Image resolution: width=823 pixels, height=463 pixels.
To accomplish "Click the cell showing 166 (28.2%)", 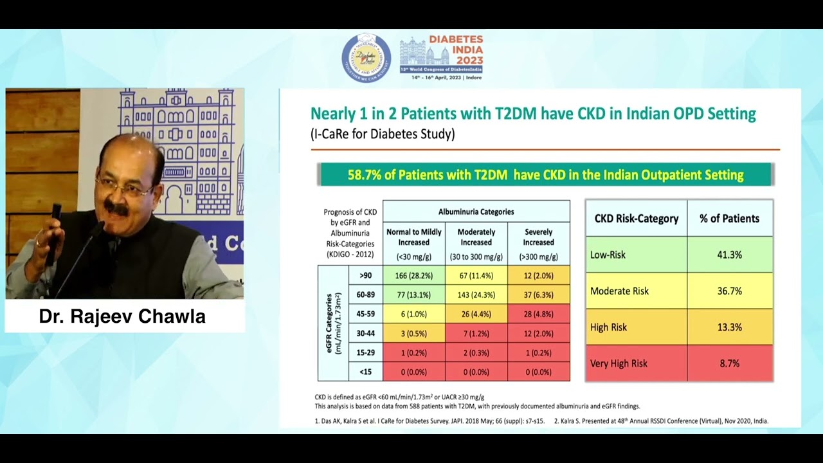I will [x=413, y=275].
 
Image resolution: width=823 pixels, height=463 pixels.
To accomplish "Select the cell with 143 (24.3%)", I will [x=476, y=295].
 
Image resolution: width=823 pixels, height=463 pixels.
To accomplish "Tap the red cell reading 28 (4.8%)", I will [x=538, y=314].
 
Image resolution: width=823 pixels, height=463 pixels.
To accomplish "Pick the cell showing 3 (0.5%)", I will [x=413, y=333].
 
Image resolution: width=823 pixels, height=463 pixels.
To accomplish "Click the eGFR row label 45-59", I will [x=366, y=314].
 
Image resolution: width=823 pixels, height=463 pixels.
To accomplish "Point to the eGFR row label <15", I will [x=366, y=372].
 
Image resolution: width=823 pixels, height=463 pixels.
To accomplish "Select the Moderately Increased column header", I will [x=476, y=242].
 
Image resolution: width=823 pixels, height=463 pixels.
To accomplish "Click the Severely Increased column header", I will [x=538, y=242].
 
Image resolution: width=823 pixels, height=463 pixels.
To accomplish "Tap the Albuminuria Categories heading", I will [x=476, y=212].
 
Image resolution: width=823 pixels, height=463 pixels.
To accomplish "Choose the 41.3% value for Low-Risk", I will [x=729, y=255].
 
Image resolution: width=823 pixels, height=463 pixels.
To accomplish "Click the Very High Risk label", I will [x=619, y=363].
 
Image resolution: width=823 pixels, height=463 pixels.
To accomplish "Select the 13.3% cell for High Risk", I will [x=729, y=327].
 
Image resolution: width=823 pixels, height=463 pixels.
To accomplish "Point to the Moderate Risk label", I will [x=619, y=291].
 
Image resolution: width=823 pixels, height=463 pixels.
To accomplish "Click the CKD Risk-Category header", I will [x=636, y=219].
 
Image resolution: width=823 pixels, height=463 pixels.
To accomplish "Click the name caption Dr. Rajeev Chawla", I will [x=122, y=316].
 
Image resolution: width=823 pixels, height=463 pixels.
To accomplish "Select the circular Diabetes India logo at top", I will [x=366, y=59].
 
